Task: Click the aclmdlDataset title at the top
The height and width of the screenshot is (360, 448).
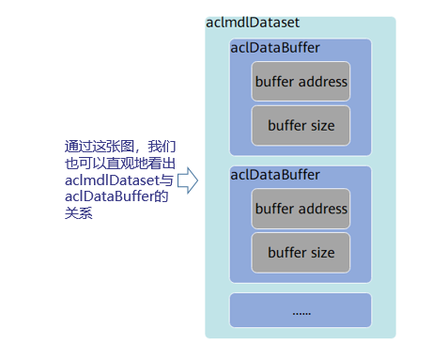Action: tap(253, 23)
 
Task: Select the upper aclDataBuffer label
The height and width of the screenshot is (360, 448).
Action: tap(275, 48)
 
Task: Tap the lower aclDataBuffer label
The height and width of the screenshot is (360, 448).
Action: tap(275, 175)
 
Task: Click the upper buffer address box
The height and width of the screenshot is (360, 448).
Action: tap(301, 82)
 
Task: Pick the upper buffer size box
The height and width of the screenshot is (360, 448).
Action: tap(301, 126)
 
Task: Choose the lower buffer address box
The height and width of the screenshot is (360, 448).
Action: tap(301, 209)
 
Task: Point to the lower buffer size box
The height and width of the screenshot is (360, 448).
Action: tap(301, 253)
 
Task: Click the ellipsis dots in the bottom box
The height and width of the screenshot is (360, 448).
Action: tap(301, 313)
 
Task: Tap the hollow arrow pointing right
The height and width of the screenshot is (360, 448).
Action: tap(188, 180)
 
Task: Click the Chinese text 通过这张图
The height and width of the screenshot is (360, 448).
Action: tap(100, 147)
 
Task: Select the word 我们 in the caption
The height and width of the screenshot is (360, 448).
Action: tap(162, 147)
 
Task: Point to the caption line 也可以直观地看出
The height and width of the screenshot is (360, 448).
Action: tap(120, 164)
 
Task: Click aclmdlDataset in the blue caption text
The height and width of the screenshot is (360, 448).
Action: tap(113, 180)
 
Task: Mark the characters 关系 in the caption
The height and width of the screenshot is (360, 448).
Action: tap(79, 213)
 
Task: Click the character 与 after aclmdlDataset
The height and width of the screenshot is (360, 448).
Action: tap(167, 180)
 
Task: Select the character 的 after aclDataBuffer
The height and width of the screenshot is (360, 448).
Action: tap(162, 196)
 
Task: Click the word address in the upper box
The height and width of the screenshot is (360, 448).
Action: tap(323, 82)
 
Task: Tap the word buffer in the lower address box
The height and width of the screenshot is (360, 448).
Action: tap(274, 209)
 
